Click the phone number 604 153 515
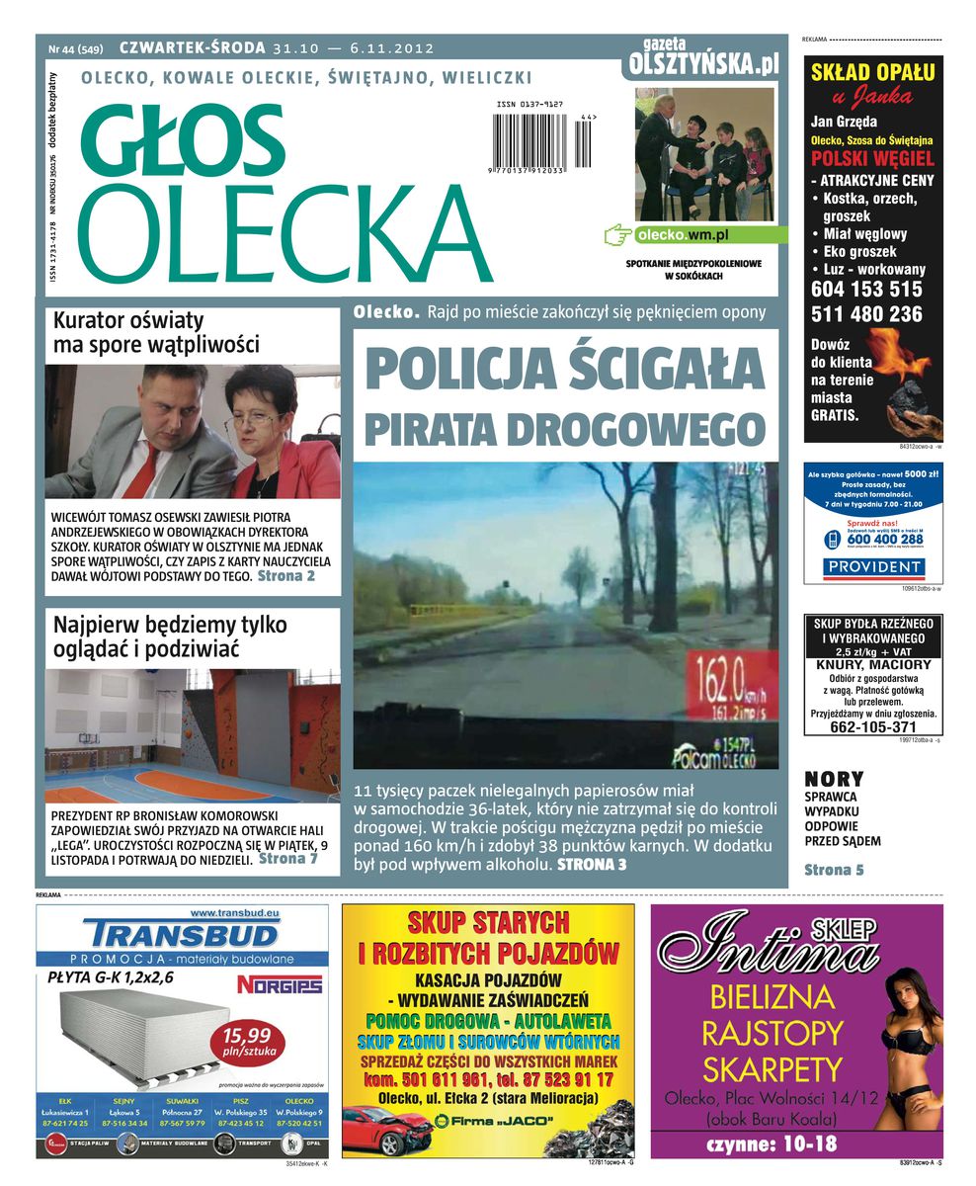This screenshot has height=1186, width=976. [x=866, y=290]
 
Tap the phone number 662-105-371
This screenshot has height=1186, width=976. [x=873, y=727]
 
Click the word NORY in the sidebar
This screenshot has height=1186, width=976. [x=834, y=779]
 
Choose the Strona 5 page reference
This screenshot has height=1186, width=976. [x=834, y=870]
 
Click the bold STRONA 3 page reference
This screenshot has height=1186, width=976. [x=592, y=865]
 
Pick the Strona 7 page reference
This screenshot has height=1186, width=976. [x=287, y=859]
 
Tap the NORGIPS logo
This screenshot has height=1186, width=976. [x=280, y=984]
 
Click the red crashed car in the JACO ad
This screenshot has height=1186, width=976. [x=388, y=1128]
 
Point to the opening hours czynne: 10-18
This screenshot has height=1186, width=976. [x=772, y=1144]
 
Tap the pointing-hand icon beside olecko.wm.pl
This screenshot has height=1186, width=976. [x=617, y=235]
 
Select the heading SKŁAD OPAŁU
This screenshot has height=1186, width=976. [x=872, y=71]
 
